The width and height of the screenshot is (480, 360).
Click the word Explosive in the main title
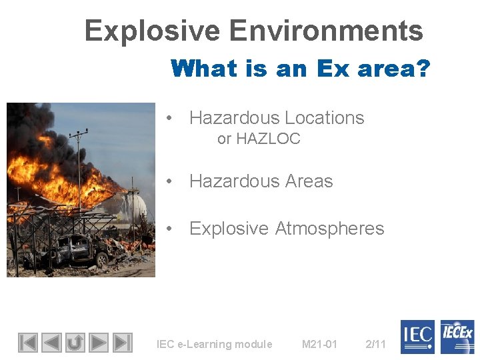(x=151, y=31)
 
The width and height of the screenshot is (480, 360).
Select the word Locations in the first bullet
(x=324, y=118)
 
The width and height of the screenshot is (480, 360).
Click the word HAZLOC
(x=268, y=139)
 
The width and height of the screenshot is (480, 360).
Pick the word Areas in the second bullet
(x=307, y=181)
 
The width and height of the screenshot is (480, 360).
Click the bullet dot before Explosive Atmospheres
(x=171, y=229)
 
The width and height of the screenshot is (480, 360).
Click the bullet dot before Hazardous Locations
(x=171, y=118)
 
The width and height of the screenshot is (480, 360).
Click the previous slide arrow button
(x=51, y=342)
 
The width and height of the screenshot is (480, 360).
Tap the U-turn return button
(x=75, y=342)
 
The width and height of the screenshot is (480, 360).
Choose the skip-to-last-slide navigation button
(x=122, y=342)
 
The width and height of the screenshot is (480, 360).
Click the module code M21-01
(x=319, y=344)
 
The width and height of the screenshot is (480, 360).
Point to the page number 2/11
(x=376, y=344)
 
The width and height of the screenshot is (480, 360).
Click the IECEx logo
(x=457, y=337)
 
